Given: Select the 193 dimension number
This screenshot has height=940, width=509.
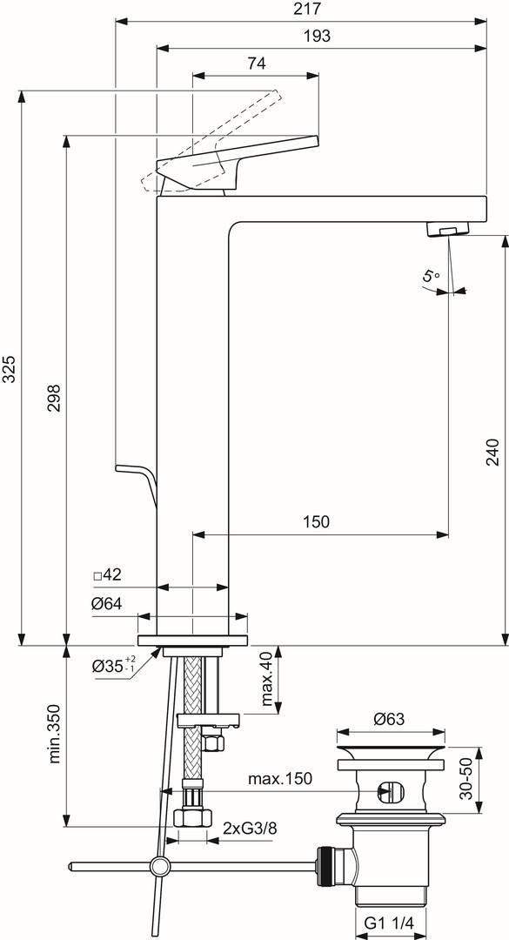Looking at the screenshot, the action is tap(318, 36).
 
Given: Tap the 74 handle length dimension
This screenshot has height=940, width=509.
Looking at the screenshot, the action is tap(256, 64).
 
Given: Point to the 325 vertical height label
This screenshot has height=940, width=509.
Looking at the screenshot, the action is tap(10, 369).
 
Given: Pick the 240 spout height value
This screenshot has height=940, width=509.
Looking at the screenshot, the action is tap(492, 453).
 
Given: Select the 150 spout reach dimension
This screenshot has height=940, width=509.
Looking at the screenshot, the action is tap(317, 521).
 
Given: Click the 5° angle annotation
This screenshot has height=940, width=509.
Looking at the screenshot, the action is tap(431, 277).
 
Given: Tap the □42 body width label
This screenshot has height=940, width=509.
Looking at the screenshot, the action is tap(108, 575).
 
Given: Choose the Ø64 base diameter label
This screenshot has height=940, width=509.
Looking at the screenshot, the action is tap(107, 604).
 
